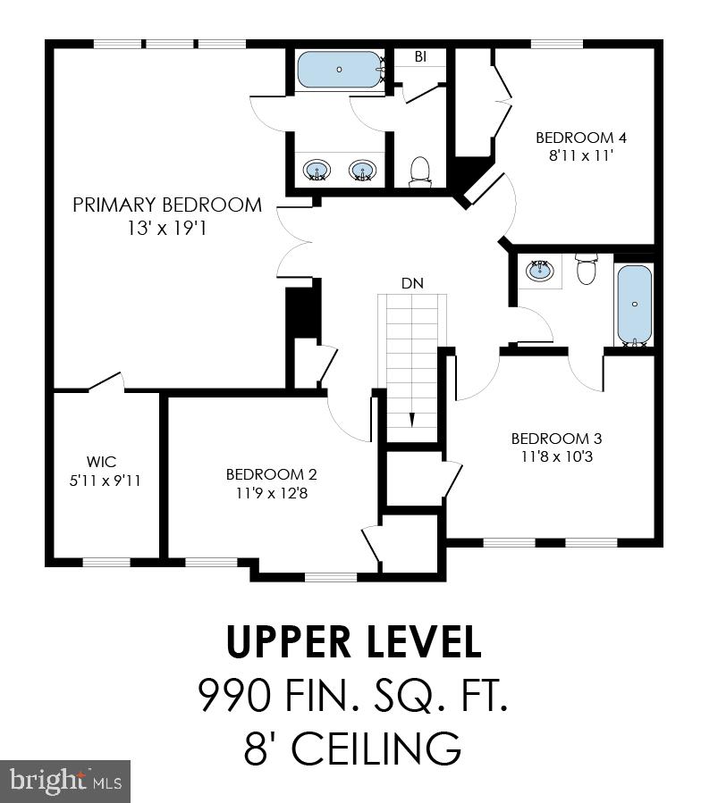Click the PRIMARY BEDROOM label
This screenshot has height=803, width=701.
(x=167, y=205)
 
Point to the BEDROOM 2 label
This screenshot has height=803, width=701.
(x=271, y=474)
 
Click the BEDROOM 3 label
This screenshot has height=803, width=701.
(x=556, y=439)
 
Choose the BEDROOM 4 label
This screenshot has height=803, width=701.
(x=581, y=138)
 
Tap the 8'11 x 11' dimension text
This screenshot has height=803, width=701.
(x=581, y=155)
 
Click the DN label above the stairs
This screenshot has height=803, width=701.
(x=411, y=283)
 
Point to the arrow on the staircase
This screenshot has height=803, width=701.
(x=412, y=419)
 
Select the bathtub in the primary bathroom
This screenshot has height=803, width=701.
(x=339, y=69)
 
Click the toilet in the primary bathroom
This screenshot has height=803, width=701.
(x=420, y=171)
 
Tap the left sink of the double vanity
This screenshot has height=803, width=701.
(x=316, y=169)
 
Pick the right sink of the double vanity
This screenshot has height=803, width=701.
(x=361, y=169)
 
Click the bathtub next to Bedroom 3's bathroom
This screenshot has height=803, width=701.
(x=634, y=304)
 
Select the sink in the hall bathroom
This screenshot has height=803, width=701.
(x=540, y=270)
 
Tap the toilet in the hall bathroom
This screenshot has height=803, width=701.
(x=587, y=269)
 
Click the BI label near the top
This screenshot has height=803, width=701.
(x=419, y=56)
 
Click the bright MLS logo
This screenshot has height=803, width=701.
(x=65, y=782)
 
